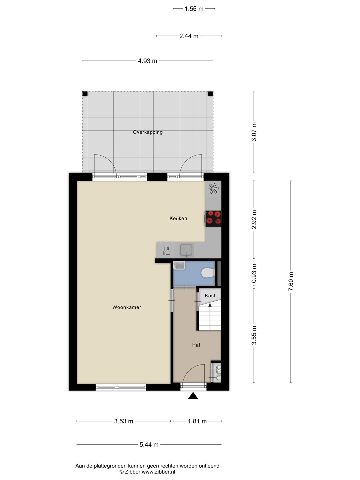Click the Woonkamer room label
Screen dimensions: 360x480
pyautogui.click(x=127, y=307)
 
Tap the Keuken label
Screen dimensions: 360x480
pyautogui.click(x=178, y=218)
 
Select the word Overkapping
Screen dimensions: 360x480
pyautogui.click(x=148, y=132)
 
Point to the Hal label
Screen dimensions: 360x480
pyautogui.click(x=196, y=345)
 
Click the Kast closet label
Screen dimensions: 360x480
pyautogui.click(x=210, y=296)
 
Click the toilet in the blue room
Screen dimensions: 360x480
pyautogui.click(x=208, y=273)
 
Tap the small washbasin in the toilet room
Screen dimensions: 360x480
pyautogui.click(x=179, y=265)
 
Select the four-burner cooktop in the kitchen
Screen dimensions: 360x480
pyautogui.click(x=213, y=219)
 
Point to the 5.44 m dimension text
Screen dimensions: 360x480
pyautogui.click(x=149, y=445)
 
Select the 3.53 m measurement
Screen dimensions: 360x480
pyautogui.click(x=124, y=421)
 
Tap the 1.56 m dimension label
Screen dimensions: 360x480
pyautogui.click(x=194, y=9)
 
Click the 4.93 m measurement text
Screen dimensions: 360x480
pyautogui.click(x=148, y=61)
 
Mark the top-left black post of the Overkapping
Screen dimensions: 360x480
pyautogui.click(x=85, y=94)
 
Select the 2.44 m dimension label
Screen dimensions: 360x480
pyautogui.click(x=189, y=36)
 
